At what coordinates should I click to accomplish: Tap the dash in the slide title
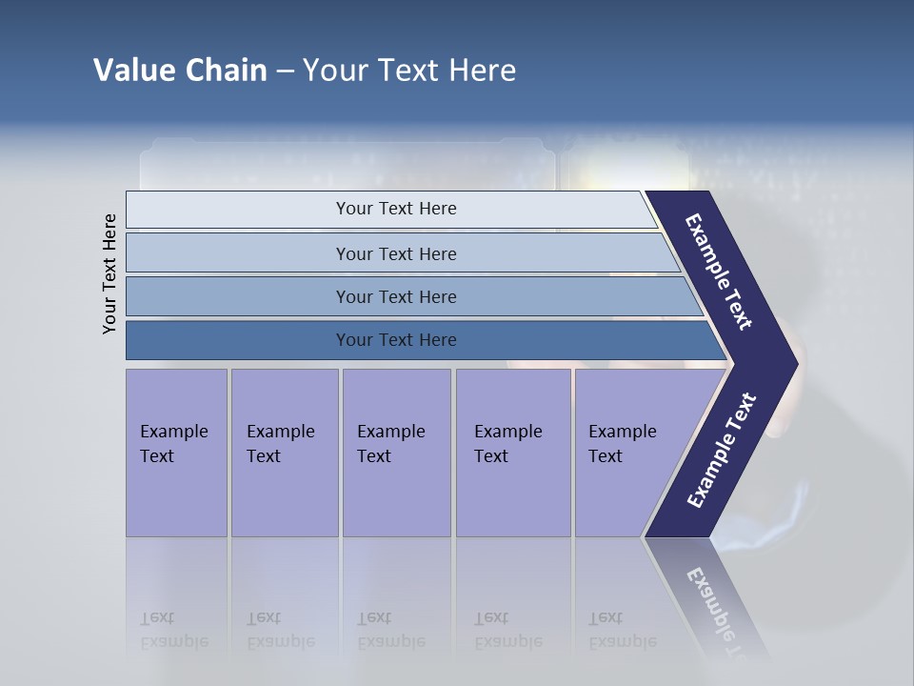point(285,71)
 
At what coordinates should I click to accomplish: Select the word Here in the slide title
point(482,71)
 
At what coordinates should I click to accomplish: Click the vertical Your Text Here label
point(109,273)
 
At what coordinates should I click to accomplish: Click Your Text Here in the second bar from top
point(395,253)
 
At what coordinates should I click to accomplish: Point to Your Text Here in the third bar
point(395,296)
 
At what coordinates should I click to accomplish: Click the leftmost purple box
point(176,453)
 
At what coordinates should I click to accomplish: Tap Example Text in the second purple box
point(280,443)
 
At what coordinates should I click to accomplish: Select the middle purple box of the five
point(396,453)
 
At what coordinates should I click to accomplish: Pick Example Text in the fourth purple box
point(507,443)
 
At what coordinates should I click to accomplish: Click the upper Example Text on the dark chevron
point(719,272)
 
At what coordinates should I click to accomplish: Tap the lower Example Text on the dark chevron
point(722,451)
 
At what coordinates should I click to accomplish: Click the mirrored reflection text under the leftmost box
point(173,630)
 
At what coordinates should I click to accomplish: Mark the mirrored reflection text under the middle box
point(390,630)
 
